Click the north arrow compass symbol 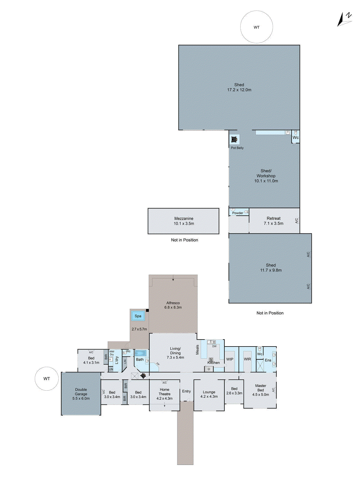pos(344,19)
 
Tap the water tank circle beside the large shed pos(256,27)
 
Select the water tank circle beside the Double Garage pos(46,379)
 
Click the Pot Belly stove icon pos(234,139)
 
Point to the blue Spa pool pos(138,316)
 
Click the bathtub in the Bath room pos(140,353)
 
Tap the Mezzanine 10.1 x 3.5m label pos(184,221)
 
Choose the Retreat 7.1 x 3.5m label pos(274,221)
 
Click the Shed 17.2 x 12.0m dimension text pos(239,90)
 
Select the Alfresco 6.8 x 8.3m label pos(173,305)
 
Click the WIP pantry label pos(230,359)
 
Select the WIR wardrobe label pos(247,359)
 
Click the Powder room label pos(238,213)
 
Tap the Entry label pos(186,391)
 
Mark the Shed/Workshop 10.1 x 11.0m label pos(266,176)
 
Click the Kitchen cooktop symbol pos(211,359)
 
